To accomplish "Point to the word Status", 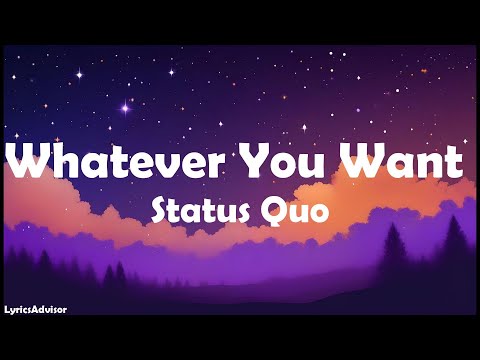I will [196, 212].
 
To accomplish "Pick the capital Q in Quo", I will [273, 212].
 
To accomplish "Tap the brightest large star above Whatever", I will [125, 106].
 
